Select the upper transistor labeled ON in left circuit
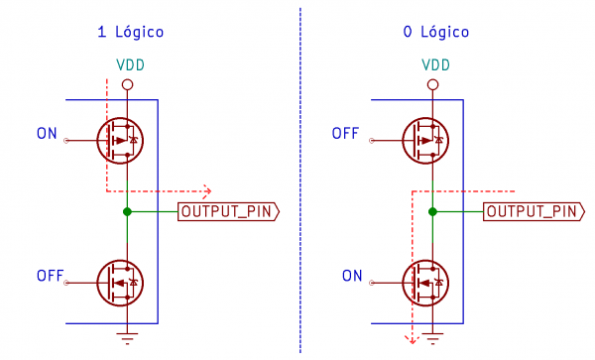coord(119,141)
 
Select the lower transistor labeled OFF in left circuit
coord(119,283)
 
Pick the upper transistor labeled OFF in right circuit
coord(424,141)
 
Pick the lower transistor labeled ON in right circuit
coord(424,283)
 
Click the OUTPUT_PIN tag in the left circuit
coord(228,211)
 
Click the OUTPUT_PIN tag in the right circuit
coord(534,211)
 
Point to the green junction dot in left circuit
coord(127,211)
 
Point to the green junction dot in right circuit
coord(432,211)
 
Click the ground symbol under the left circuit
coord(127,338)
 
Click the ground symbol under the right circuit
coord(432,338)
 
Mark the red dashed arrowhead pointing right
coord(207,190)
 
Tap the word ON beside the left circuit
coord(47,133)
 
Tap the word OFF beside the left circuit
coord(51,275)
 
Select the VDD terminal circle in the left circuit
coord(127,85)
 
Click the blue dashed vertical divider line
coord(299,179)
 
